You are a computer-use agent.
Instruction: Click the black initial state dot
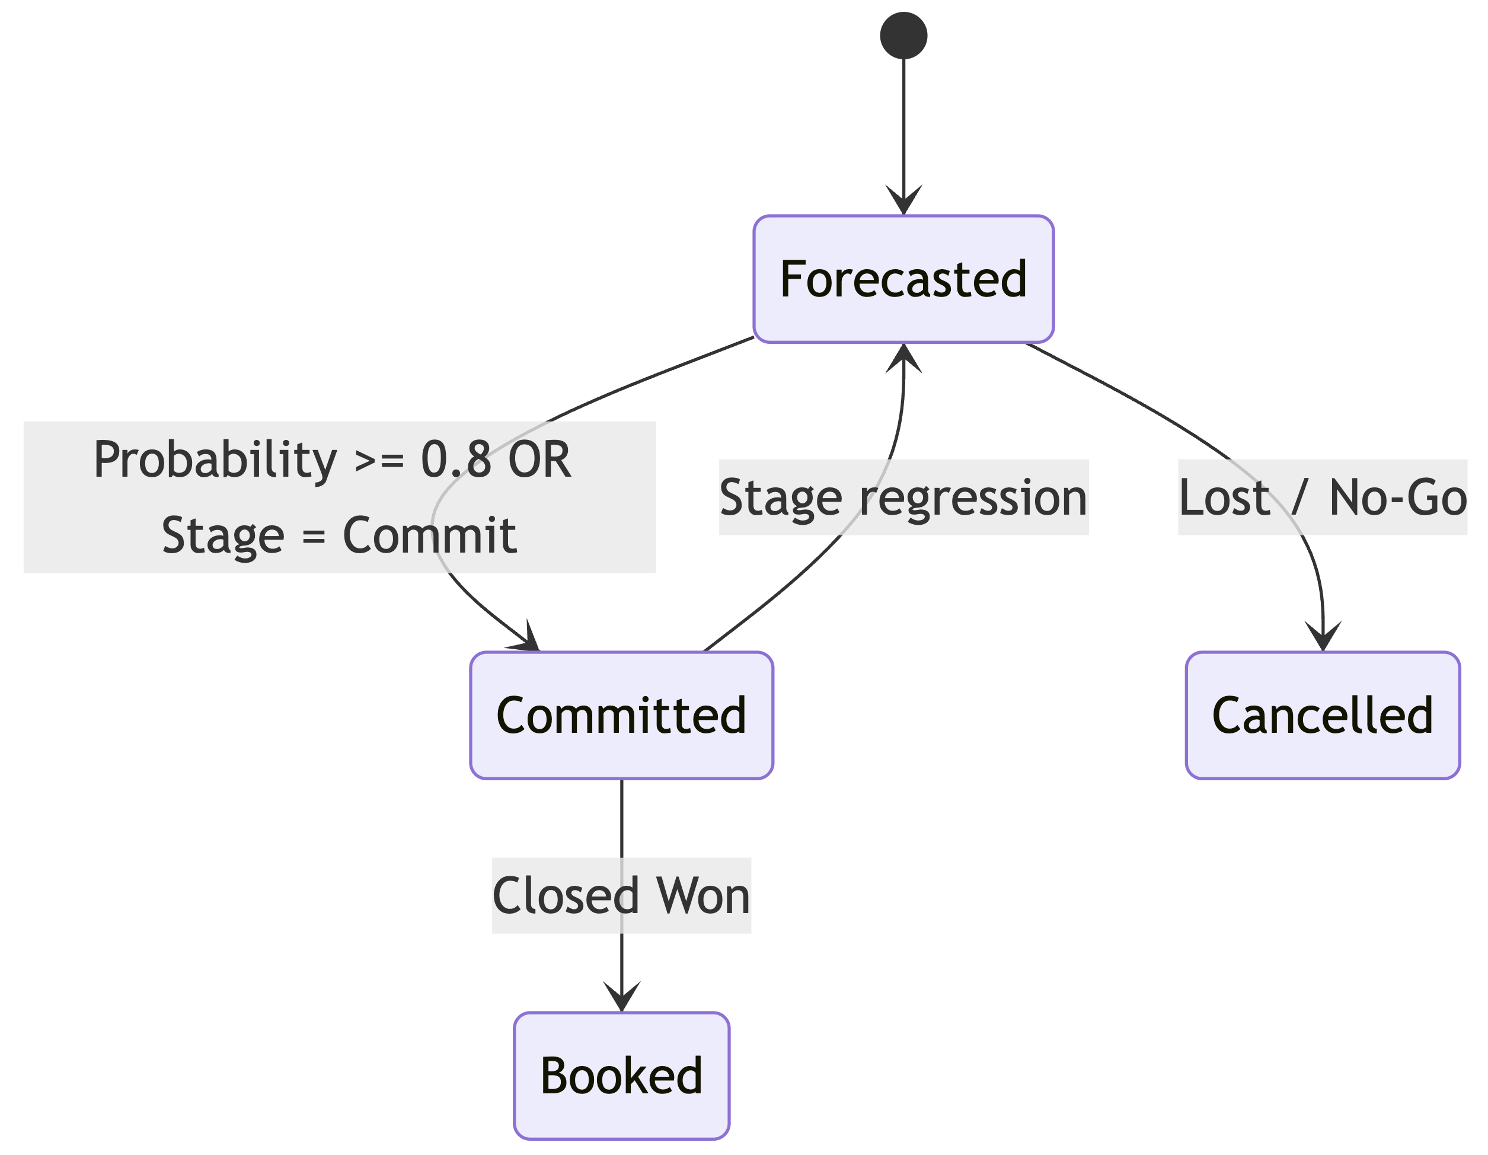[903, 36]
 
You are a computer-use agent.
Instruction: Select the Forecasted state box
[903, 279]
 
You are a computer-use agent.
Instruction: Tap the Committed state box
[621, 715]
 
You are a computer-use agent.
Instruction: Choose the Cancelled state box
[1323, 715]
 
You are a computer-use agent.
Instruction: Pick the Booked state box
[621, 1076]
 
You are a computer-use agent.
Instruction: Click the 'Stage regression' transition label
[903, 497]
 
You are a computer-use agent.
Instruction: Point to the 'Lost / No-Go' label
[1323, 497]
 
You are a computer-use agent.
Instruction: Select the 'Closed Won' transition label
[621, 895]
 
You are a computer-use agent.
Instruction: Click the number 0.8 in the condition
[456, 460]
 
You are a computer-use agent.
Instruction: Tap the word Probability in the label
[215, 461]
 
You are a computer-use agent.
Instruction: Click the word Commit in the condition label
[429, 535]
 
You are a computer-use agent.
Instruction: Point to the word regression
[973, 499]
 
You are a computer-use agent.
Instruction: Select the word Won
[703, 895]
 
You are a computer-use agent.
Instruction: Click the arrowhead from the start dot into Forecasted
[903, 200]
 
